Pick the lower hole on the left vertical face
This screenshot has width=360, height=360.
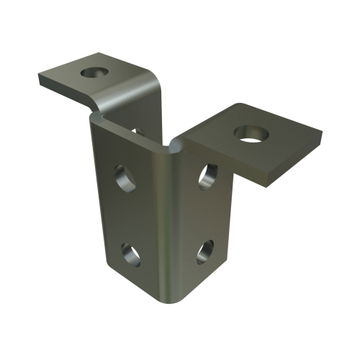click(x=131, y=253)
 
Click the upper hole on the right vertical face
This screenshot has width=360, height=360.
click(x=207, y=175)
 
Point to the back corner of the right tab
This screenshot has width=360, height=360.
click(x=238, y=106)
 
